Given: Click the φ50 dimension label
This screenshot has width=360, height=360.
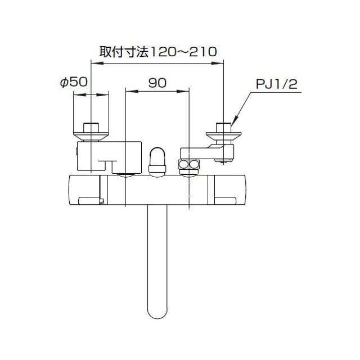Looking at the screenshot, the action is pyautogui.click(x=73, y=82).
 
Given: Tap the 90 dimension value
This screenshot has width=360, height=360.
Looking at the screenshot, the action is pyautogui.click(x=157, y=82).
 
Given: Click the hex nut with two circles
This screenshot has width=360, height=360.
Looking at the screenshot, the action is pyautogui.click(x=190, y=165).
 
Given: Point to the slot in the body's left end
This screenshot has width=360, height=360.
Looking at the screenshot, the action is pyautogui.click(x=91, y=199).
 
